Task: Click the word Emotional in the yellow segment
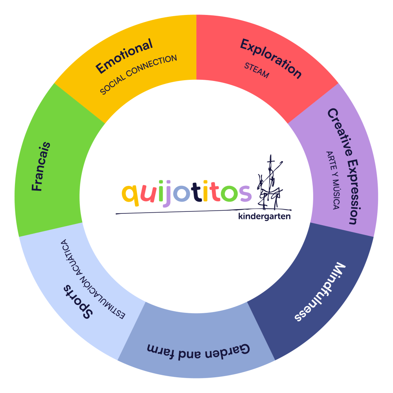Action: click(x=124, y=57)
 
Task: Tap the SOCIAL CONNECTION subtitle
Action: click(x=138, y=75)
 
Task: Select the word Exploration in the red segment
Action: click(x=271, y=59)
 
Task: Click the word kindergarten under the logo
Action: click(x=264, y=217)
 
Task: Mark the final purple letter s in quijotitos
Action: click(x=245, y=193)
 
